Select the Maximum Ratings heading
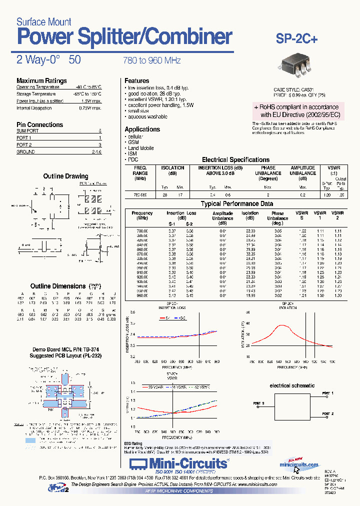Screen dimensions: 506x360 41,80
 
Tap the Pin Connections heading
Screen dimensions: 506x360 39,124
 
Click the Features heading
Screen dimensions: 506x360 136,80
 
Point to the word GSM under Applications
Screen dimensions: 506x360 133,142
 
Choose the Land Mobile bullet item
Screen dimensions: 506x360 140,148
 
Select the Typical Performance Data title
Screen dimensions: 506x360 237,204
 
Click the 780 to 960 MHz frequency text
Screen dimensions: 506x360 151,60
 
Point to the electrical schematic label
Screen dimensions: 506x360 292,385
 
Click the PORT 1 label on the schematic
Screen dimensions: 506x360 326,393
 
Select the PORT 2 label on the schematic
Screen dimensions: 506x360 326,414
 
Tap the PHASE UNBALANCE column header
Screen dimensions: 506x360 268,173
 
